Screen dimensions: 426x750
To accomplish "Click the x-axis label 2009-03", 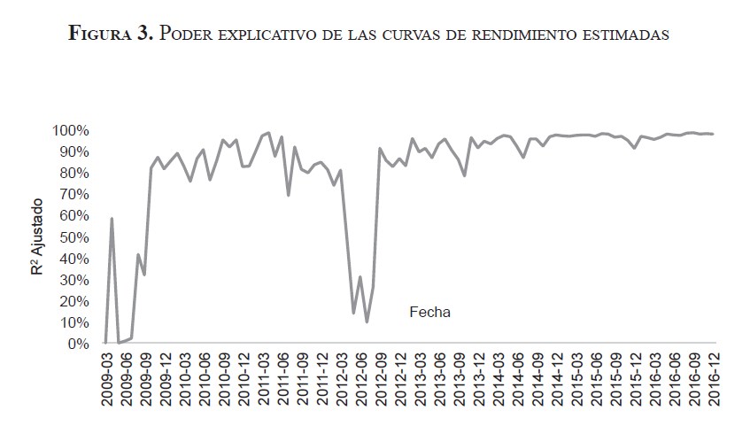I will pos(107,376).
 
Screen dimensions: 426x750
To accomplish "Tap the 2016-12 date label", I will pos(713,376).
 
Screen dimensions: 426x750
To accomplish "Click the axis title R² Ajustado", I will pos(38,237).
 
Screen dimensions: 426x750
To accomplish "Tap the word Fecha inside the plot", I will pos(429,312).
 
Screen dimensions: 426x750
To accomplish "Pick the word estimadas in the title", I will pos(629,34).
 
